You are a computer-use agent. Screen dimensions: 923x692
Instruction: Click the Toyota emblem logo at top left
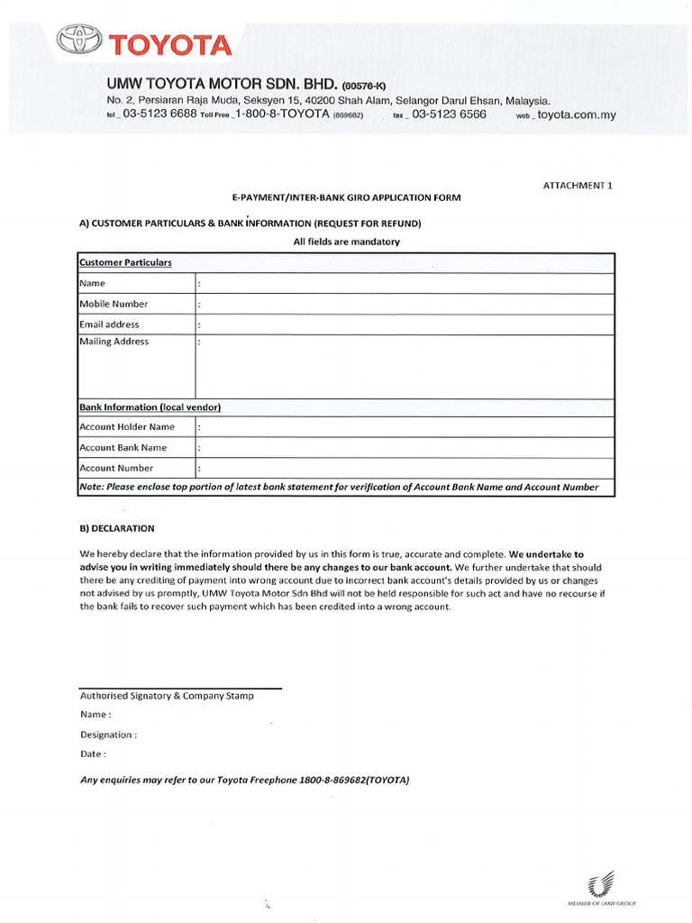click(x=81, y=41)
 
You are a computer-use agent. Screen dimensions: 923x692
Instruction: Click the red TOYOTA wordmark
click(x=170, y=43)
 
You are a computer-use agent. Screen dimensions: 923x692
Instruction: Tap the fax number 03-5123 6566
click(x=449, y=114)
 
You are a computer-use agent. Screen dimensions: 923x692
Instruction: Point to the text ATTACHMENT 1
click(x=578, y=185)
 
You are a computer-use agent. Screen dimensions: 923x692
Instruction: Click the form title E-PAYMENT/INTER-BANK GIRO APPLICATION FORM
click(x=347, y=197)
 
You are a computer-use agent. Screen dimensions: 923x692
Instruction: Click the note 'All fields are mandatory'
click(x=346, y=242)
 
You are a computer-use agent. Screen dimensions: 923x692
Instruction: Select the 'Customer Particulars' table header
click(x=125, y=262)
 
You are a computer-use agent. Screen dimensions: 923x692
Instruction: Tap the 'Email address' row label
click(x=109, y=324)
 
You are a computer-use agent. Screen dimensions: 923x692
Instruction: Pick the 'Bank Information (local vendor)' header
click(x=150, y=407)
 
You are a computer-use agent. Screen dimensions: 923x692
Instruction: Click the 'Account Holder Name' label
click(x=127, y=427)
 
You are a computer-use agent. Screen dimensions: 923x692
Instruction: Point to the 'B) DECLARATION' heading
click(x=117, y=528)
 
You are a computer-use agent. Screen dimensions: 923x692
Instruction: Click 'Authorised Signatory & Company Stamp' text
click(x=167, y=696)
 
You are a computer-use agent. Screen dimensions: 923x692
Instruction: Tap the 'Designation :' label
click(x=108, y=735)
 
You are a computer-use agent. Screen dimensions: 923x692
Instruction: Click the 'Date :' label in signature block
click(x=93, y=754)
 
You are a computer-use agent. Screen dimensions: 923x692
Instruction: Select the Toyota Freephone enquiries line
click(x=244, y=781)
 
